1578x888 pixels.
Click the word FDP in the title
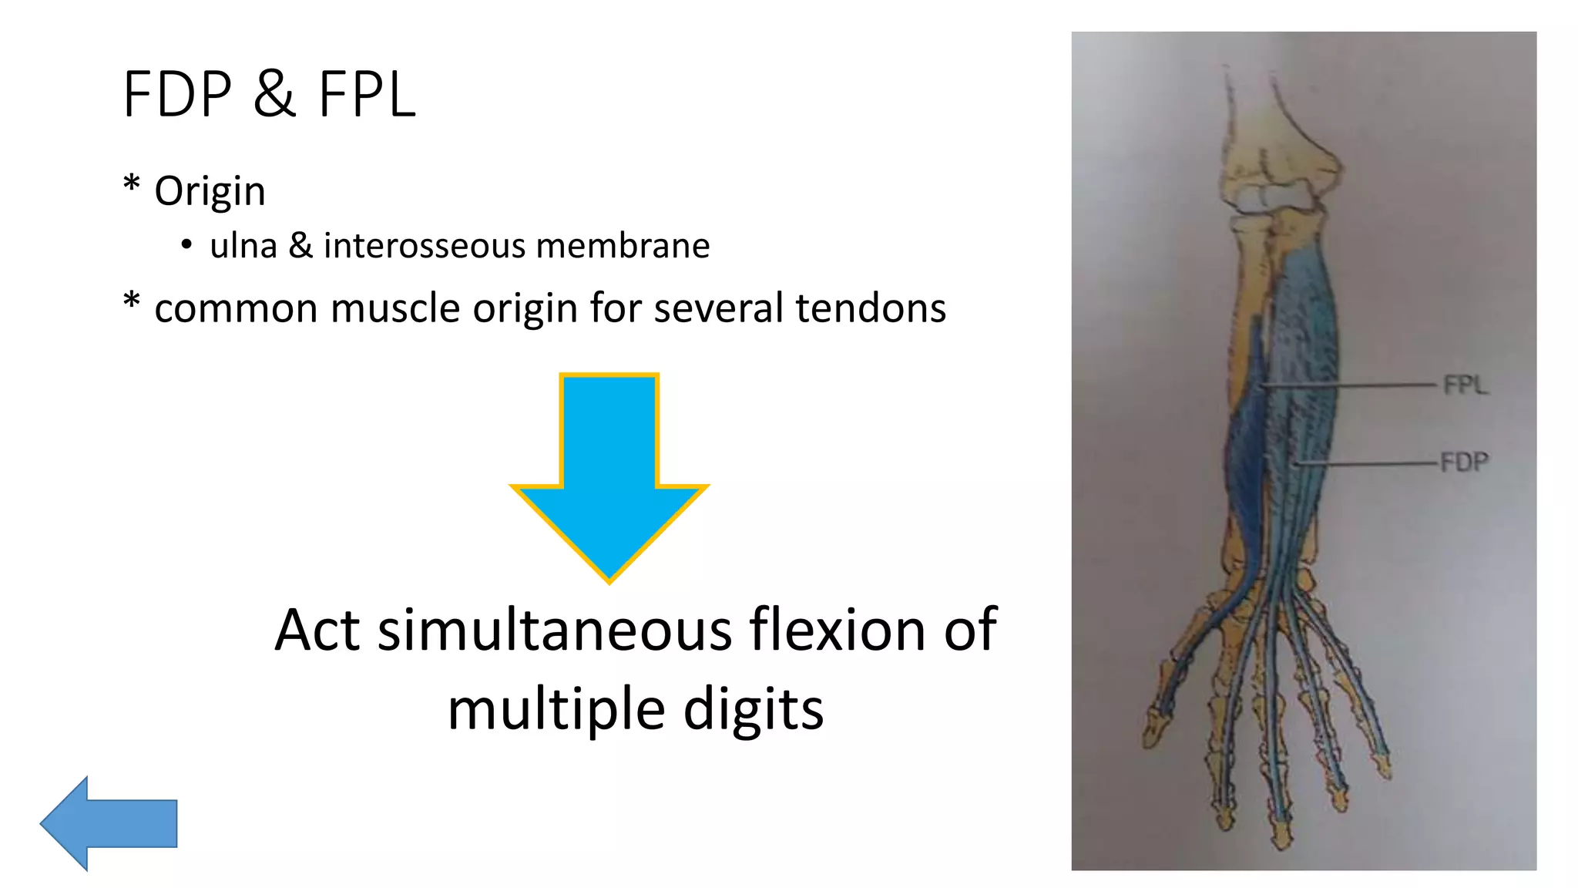[x=177, y=95]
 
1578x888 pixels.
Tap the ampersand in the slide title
[x=274, y=95]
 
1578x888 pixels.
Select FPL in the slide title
[x=367, y=95]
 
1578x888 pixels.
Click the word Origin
[x=210, y=191]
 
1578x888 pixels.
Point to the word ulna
[x=243, y=246]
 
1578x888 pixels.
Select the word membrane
[x=623, y=246]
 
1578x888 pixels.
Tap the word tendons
[x=870, y=308]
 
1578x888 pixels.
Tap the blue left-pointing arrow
[x=108, y=823]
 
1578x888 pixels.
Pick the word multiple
[x=557, y=710]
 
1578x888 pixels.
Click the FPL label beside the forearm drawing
[x=1465, y=385]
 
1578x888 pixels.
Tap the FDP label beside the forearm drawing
[x=1464, y=462]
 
